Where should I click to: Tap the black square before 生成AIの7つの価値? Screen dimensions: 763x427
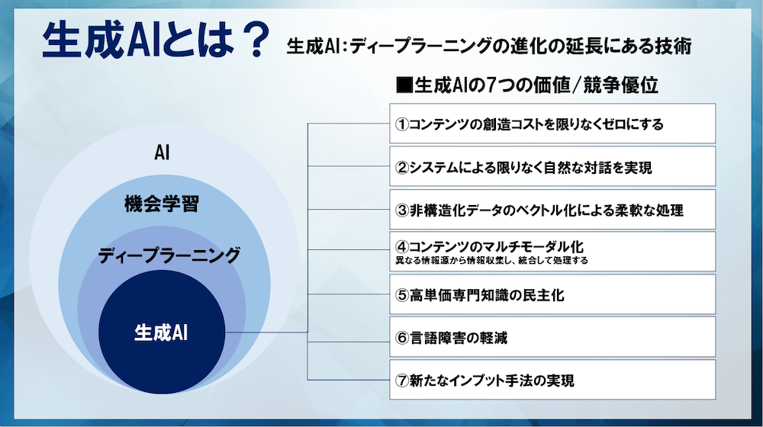(404, 85)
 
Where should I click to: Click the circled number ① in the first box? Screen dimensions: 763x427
(401, 124)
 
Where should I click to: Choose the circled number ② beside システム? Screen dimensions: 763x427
(401, 168)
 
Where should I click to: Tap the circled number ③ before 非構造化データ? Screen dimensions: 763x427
(401, 210)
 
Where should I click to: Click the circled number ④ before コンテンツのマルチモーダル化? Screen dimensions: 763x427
(401, 246)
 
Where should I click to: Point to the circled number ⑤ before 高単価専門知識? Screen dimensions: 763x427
(401, 295)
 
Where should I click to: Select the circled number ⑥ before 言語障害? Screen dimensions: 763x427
(401, 338)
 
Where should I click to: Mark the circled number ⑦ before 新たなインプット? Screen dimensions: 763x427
(401, 380)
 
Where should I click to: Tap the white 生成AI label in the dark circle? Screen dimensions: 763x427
(161, 333)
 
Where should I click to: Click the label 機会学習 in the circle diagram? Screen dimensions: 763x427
(162, 204)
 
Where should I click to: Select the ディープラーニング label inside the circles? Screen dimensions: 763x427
(169, 255)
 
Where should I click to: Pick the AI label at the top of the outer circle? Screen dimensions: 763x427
(162, 152)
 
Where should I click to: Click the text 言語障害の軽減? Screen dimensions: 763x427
(459, 338)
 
